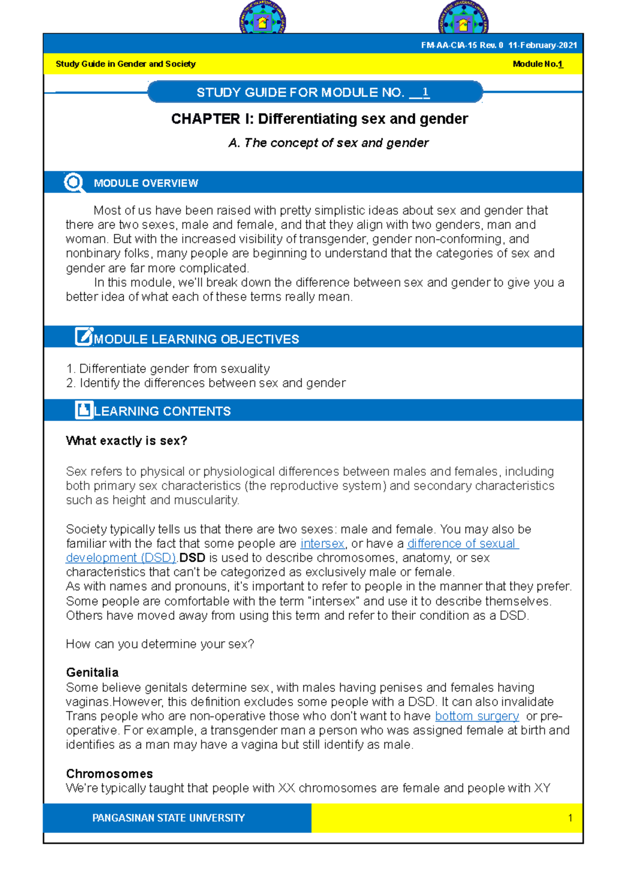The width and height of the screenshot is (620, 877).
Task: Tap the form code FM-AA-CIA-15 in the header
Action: (x=448, y=45)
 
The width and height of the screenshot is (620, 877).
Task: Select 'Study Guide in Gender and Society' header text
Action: (x=126, y=64)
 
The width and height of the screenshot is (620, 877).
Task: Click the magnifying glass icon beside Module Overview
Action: (x=74, y=183)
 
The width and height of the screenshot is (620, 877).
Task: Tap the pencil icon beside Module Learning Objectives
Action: (x=84, y=337)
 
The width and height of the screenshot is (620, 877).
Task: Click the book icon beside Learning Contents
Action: (x=84, y=410)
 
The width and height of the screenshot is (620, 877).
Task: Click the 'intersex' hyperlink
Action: (x=322, y=544)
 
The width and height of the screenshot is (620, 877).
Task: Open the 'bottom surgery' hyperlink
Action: (x=477, y=716)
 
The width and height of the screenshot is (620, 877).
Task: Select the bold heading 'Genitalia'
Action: (x=92, y=672)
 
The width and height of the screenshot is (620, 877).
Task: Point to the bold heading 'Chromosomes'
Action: (x=110, y=774)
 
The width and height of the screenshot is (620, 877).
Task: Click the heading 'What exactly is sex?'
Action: (x=127, y=441)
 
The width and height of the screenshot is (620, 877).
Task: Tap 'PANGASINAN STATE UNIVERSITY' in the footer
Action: (x=168, y=818)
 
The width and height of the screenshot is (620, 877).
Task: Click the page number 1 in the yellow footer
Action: (x=570, y=818)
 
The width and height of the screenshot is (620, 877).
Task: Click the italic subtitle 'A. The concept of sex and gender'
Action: (x=329, y=143)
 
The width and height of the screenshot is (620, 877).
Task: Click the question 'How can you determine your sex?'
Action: (x=160, y=644)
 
